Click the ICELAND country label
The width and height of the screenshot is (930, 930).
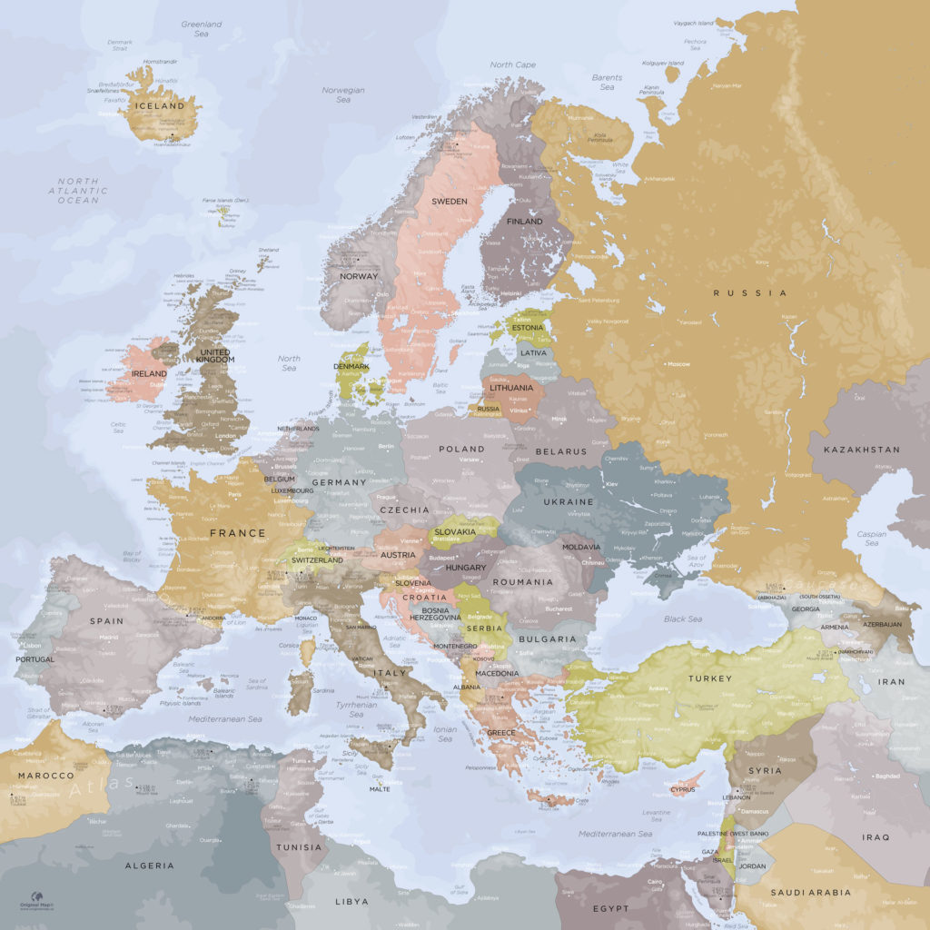(159, 106)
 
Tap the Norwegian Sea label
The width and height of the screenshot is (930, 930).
(343, 94)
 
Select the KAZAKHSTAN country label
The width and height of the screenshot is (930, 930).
(861, 450)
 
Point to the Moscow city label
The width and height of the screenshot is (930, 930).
(678, 364)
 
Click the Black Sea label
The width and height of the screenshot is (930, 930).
(682, 619)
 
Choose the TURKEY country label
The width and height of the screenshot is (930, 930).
(709, 678)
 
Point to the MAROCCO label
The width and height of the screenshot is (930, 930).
(45, 776)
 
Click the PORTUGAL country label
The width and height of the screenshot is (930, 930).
(35, 659)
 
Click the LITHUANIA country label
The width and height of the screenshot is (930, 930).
(511, 388)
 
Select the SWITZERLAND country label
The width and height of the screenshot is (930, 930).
(317, 560)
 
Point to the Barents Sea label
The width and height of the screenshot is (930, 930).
(607, 82)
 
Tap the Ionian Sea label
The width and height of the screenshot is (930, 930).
(444, 734)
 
